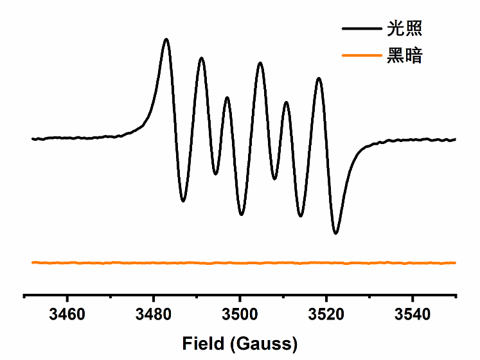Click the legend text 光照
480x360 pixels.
click(x=404, y=28)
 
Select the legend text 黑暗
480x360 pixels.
click(x=404, y=56)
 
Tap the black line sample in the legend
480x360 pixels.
click(x=361, y=29)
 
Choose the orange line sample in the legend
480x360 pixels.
click(x=361, y=56)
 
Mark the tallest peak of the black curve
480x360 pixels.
click(x=166, y=39)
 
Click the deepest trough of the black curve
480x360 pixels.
click(x=335, y=233)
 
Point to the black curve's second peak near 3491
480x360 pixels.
click(x=202, y=58)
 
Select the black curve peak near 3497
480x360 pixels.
click(x=227, y=98)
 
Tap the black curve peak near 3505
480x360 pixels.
click(x=260, y=63)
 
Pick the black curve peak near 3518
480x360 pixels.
click(x=318, y=78)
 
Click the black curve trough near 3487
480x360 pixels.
click(x=183, y=201)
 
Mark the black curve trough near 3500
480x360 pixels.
click(x=242, y=214)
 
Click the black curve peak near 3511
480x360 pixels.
click(x=286, y=102)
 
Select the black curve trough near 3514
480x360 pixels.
click(x=300, y=216)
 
